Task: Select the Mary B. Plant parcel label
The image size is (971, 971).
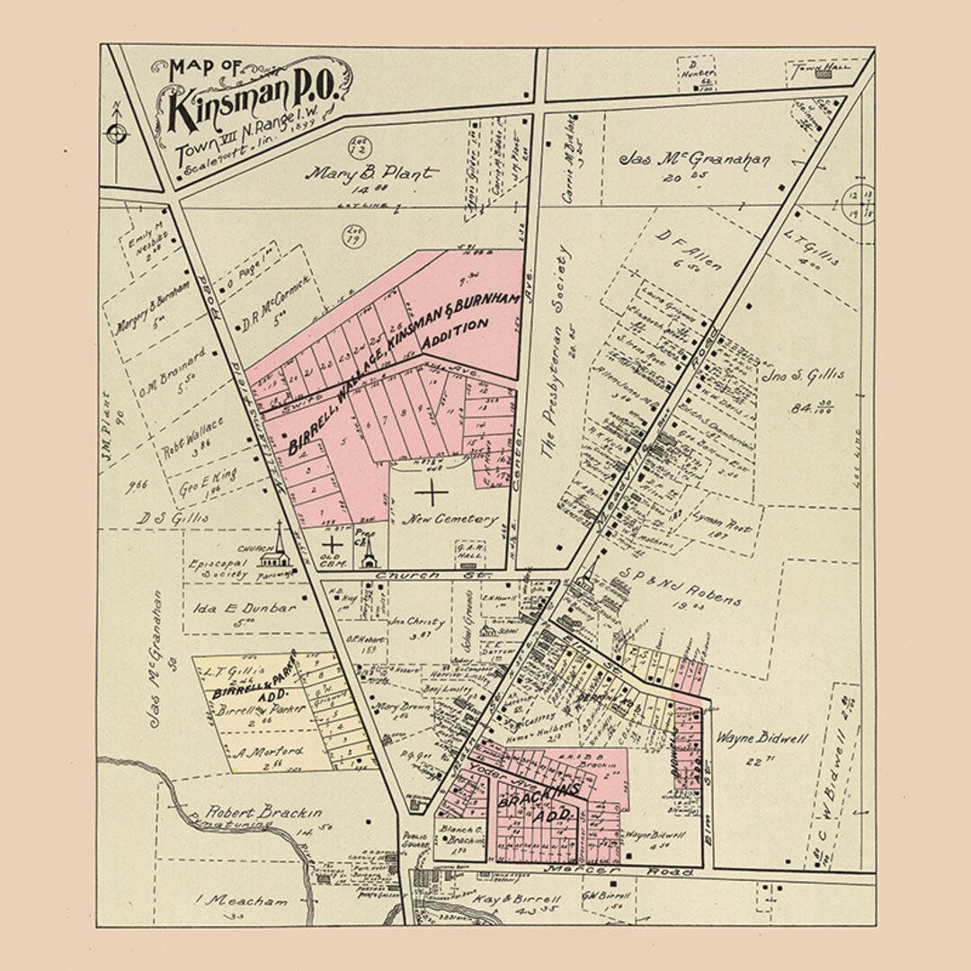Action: coord(372,173)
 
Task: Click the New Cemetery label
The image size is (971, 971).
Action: coord(438,519)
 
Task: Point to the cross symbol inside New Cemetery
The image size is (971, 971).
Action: coord(432,492)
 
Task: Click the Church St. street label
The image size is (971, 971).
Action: coord(408,575)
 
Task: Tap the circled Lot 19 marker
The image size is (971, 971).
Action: coord(353,237)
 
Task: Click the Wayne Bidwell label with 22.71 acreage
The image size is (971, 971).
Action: coord(762,738)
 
